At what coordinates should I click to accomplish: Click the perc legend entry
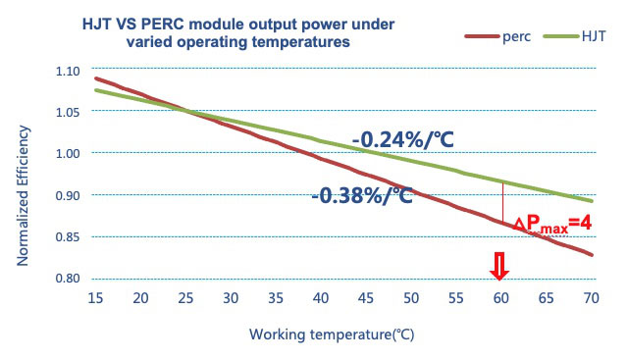(497, 36)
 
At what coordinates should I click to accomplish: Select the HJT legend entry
(575, 36)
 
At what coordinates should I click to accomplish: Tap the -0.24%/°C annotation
(403, 140)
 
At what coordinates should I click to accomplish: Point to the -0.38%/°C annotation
(362, 195)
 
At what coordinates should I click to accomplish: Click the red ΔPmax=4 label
(552, 224)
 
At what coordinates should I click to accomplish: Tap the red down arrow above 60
(499, 266)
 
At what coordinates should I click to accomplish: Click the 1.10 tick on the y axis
(68, 72)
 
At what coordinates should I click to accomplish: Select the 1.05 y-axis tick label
(68, 112)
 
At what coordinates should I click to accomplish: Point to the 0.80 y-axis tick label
(68, 278)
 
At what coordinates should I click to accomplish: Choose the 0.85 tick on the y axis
(68, 237)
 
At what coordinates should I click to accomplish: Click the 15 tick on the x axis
(95, 298)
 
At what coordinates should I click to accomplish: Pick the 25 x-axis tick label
(185, 298)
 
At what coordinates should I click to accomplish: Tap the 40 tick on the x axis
(321, 298)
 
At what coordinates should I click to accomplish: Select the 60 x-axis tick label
(501, 298)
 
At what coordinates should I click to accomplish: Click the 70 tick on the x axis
(591, 298)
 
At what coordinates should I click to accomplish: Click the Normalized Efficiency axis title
(23, 196)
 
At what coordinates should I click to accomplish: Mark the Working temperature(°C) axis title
(332, 334)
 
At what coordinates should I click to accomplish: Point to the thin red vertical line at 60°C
(502, 202)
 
